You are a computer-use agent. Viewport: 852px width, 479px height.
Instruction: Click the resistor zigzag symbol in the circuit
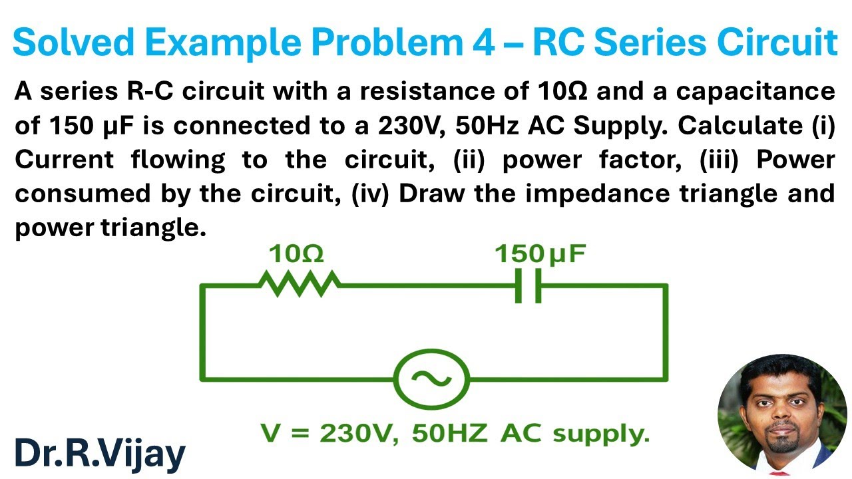[x=299, y=284]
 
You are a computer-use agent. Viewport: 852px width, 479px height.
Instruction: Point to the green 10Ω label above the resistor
[x=296, y=254]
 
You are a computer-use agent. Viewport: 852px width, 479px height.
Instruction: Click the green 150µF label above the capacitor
[x=540, y=254]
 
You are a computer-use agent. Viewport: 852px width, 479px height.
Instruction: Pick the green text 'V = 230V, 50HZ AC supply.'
[x=455, y=434]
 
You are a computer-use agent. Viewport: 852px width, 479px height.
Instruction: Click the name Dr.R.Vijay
[x=100, y=454]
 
